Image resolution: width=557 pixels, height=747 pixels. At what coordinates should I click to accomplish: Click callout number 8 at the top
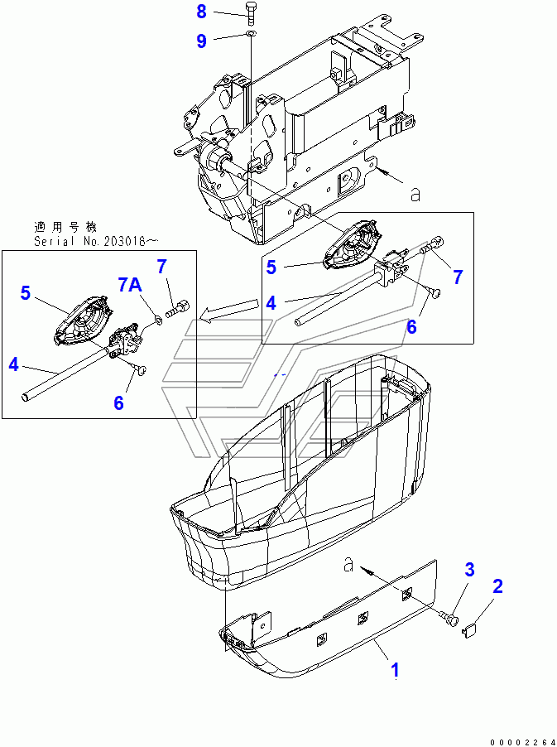[x=201, y=12]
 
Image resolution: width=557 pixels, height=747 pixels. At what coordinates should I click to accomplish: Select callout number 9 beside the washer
[x=201, y=41]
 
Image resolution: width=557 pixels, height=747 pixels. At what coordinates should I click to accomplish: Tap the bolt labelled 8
[x=251, y=14]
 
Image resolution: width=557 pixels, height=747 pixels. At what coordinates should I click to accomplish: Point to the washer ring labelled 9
[x=251, y=33]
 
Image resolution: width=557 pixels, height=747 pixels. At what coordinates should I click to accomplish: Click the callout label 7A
[x=129, y=284]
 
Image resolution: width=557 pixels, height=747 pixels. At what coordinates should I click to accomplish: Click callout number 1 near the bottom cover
[x=395, y=670]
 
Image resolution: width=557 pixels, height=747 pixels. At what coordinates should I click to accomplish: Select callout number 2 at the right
[x=497, y=586]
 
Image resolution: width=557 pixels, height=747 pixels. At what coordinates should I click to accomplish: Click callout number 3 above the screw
[x=469, y=569]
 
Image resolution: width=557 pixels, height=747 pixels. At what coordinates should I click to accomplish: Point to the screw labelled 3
[x=450, y=619]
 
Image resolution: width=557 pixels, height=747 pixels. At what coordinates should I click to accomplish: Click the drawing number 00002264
[x=521, y=742]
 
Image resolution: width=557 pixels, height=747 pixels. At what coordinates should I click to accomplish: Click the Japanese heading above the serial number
[x=65, y=226]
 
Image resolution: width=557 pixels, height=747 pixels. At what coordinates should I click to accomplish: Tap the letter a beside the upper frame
[x=415, y=195]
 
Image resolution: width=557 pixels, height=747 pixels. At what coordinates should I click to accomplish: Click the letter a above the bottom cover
[x=349, y=565]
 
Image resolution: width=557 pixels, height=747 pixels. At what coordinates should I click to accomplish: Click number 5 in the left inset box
[x=25, y=293]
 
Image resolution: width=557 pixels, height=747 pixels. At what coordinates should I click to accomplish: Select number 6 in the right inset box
[x=412, y=327]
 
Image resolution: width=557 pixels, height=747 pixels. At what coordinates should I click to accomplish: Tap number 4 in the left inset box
[x=14, y=365]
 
